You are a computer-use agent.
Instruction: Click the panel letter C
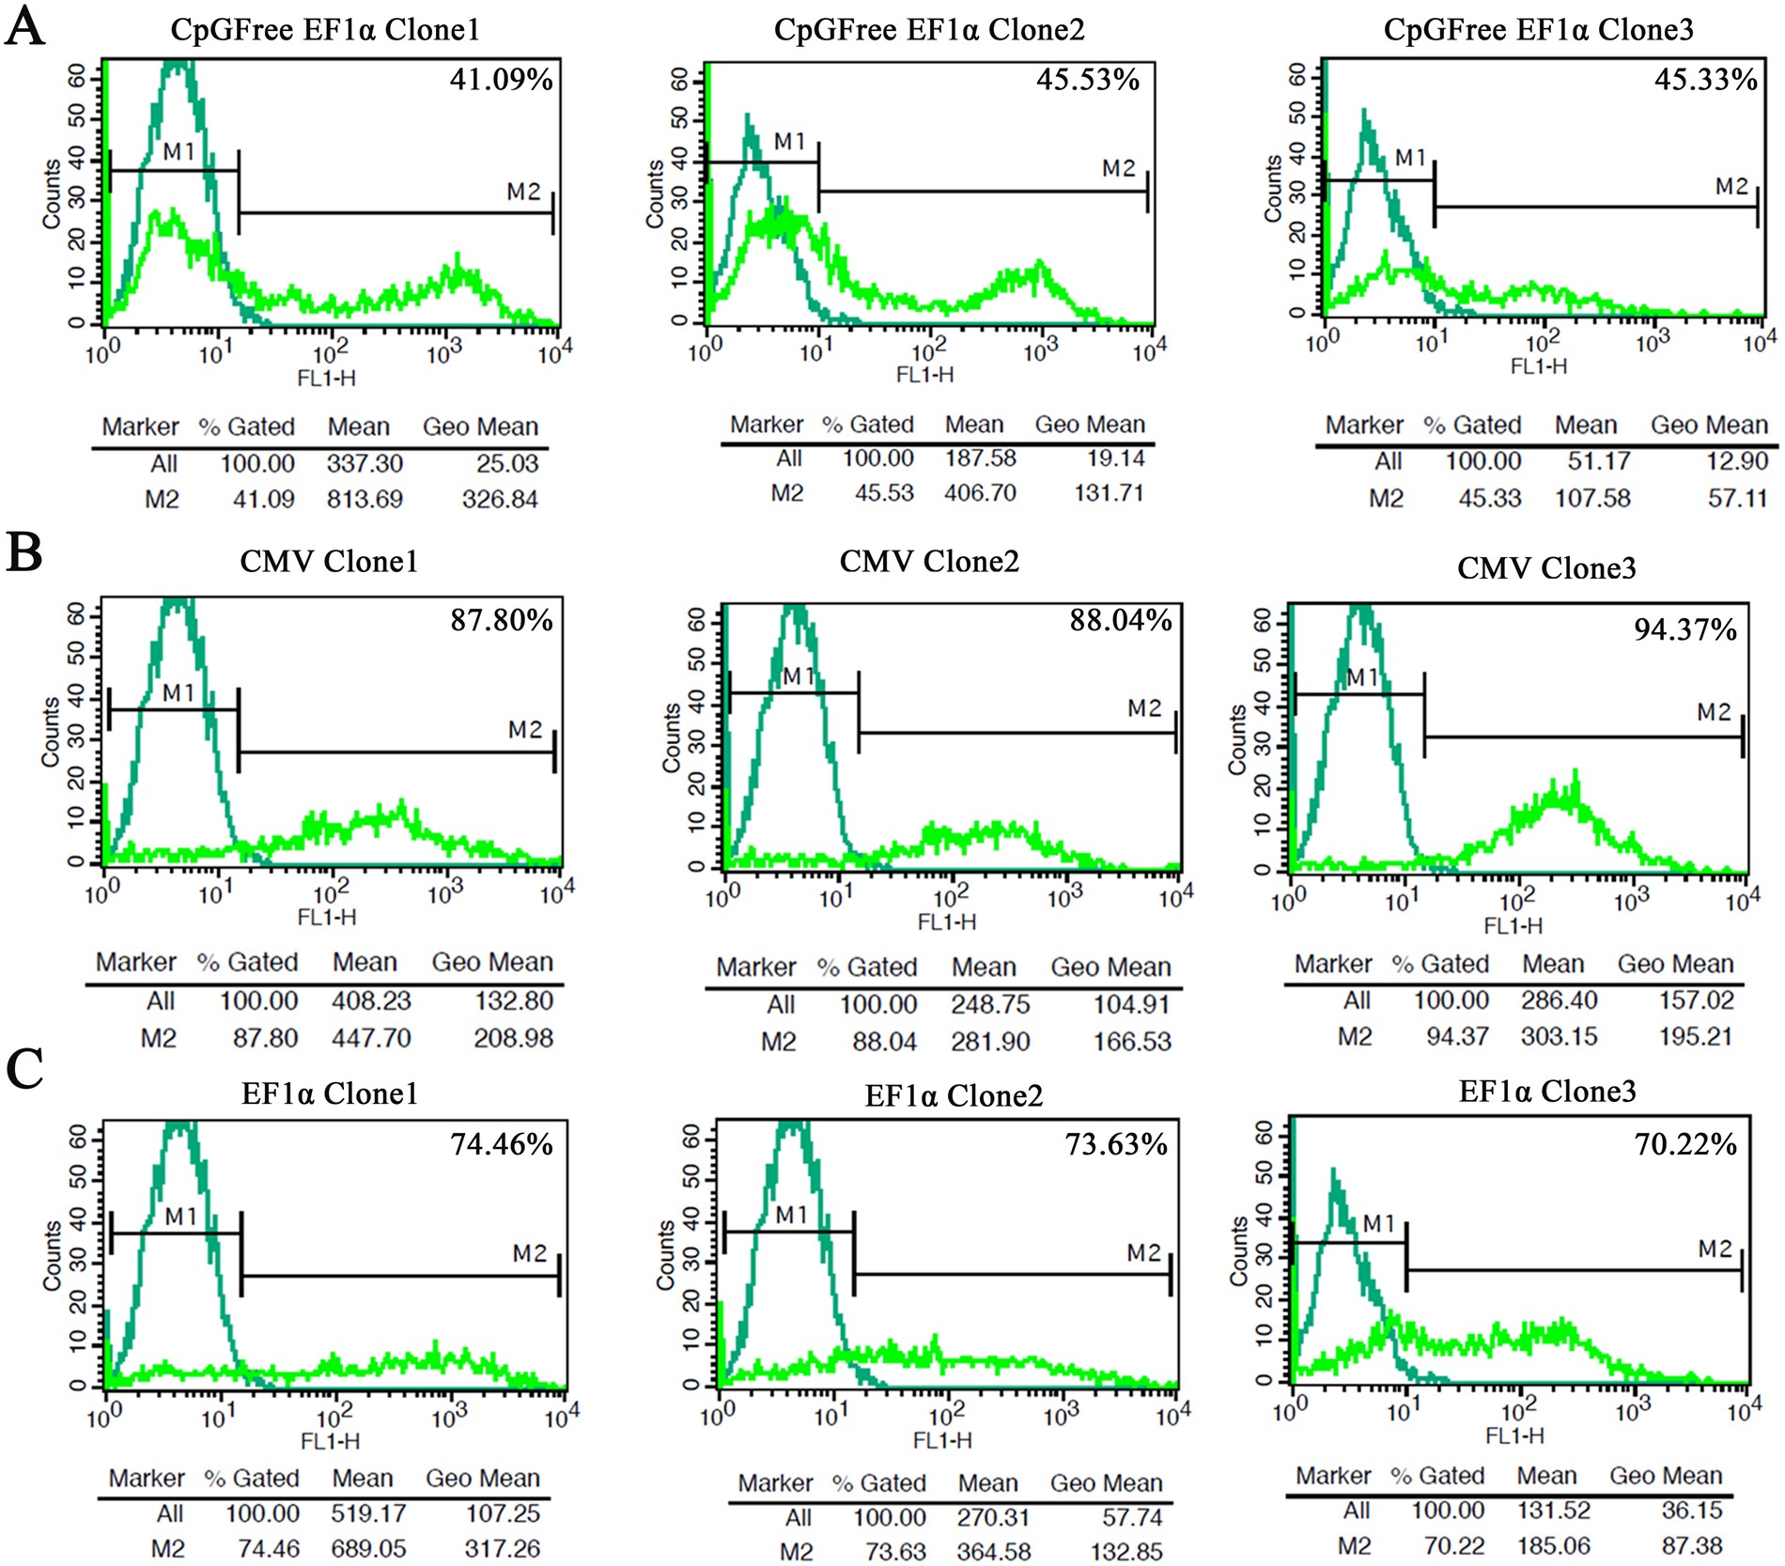click(x=24, y=1068)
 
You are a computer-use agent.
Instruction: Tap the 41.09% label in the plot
click(x=501, y=79)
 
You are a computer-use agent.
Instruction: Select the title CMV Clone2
click(x=928, y=562)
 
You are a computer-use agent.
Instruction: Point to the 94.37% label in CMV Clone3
click(x=1685, y=629)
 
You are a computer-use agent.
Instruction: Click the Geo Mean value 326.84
click(x=500, y=499)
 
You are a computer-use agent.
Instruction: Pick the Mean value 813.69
click(x=365, y=499)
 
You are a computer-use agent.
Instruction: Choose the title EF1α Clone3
click(x=1546, y=1091)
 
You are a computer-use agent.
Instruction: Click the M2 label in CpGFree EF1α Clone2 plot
click(x=1118, y=168)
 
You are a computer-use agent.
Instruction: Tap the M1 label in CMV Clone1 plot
click(x=178, y=693)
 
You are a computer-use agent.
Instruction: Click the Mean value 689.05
click(x=368, y=1548)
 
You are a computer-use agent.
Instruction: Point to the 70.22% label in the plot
click(x=1685, y=1144)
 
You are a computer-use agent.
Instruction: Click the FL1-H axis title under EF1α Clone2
click(x=942, y=1440)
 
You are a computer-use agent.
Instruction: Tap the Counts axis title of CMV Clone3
click(x=1238, y=740)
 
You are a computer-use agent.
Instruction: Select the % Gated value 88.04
click(x=877, y=1041)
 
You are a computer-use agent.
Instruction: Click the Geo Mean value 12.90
click(x=1736, y=461)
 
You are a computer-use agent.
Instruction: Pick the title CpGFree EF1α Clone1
click(x=325, y=30)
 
